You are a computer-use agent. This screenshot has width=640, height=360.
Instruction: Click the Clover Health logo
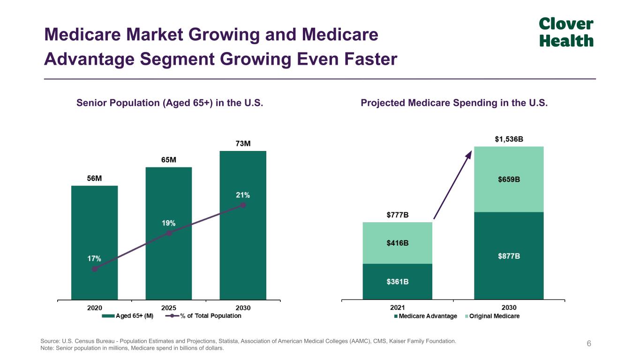coord(566,32)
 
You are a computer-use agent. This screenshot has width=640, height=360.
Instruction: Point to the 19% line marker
coord(169,233)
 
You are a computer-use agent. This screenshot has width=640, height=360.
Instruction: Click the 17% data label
coord(94,258)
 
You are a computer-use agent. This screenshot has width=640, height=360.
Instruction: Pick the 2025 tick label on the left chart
coord(169,308)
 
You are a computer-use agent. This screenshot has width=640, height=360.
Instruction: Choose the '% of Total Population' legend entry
coord(204,316)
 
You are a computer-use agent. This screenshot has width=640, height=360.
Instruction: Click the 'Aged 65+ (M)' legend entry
coord(128,316)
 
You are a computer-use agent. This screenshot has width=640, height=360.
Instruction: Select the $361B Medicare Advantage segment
coord(397,281)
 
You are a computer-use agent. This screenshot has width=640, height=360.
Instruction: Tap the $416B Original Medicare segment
coord(397,243)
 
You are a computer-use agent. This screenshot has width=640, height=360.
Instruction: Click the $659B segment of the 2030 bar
coord(509,179)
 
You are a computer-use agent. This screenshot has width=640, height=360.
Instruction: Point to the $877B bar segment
coord(509,256)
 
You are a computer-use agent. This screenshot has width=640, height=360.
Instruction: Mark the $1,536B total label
coord(509,139)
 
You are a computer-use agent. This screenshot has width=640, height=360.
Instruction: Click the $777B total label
coord(397,215)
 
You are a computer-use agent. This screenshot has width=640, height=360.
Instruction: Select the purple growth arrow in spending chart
coord(452,185)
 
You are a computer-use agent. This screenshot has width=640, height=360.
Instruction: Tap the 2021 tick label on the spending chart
coord(397,308)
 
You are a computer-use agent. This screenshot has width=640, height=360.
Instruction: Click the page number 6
coord(589,344)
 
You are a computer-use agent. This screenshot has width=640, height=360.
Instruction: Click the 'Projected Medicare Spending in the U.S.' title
coord(454,103)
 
